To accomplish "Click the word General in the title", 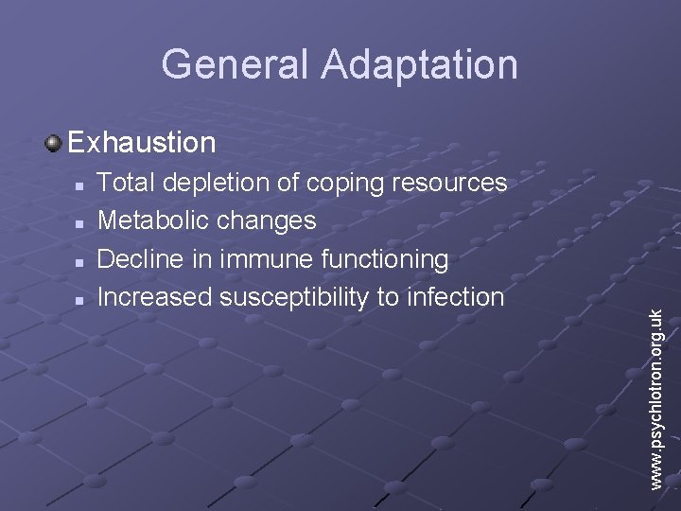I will [236, 64].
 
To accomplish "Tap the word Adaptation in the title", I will [419, 64].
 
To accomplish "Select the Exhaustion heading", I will [142, 143].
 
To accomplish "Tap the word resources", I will [451, 183].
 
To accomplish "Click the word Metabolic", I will [154, 220].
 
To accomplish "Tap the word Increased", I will [155, 297].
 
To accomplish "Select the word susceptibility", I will [294, 298].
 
